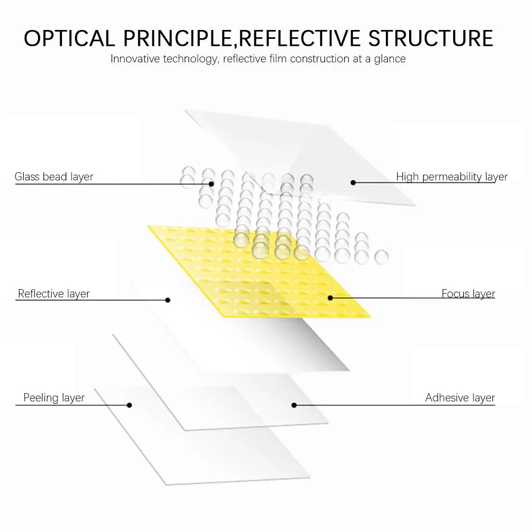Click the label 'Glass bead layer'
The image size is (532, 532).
(54, 177)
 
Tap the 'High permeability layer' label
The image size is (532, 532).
(452, 177)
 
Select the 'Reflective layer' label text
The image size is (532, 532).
(54, 294)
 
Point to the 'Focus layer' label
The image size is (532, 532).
(468, 294)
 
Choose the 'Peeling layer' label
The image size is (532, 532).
(54, 398)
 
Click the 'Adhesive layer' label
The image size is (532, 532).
(460, 398)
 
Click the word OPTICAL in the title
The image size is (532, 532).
(69, 39)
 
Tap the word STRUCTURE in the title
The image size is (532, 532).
(431, 39)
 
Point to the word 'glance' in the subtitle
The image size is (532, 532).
(389, 59)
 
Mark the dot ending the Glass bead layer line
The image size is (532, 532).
(211, 184)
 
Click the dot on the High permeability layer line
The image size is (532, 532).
(353, 182)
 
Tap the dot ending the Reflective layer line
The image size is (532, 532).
(168, 300)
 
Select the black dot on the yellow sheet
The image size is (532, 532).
(330, 298)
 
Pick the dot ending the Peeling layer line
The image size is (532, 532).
(129, 405)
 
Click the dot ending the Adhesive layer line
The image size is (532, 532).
(294, 405)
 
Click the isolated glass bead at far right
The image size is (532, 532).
(382, 257)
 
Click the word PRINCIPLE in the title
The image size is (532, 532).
(178, 39)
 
